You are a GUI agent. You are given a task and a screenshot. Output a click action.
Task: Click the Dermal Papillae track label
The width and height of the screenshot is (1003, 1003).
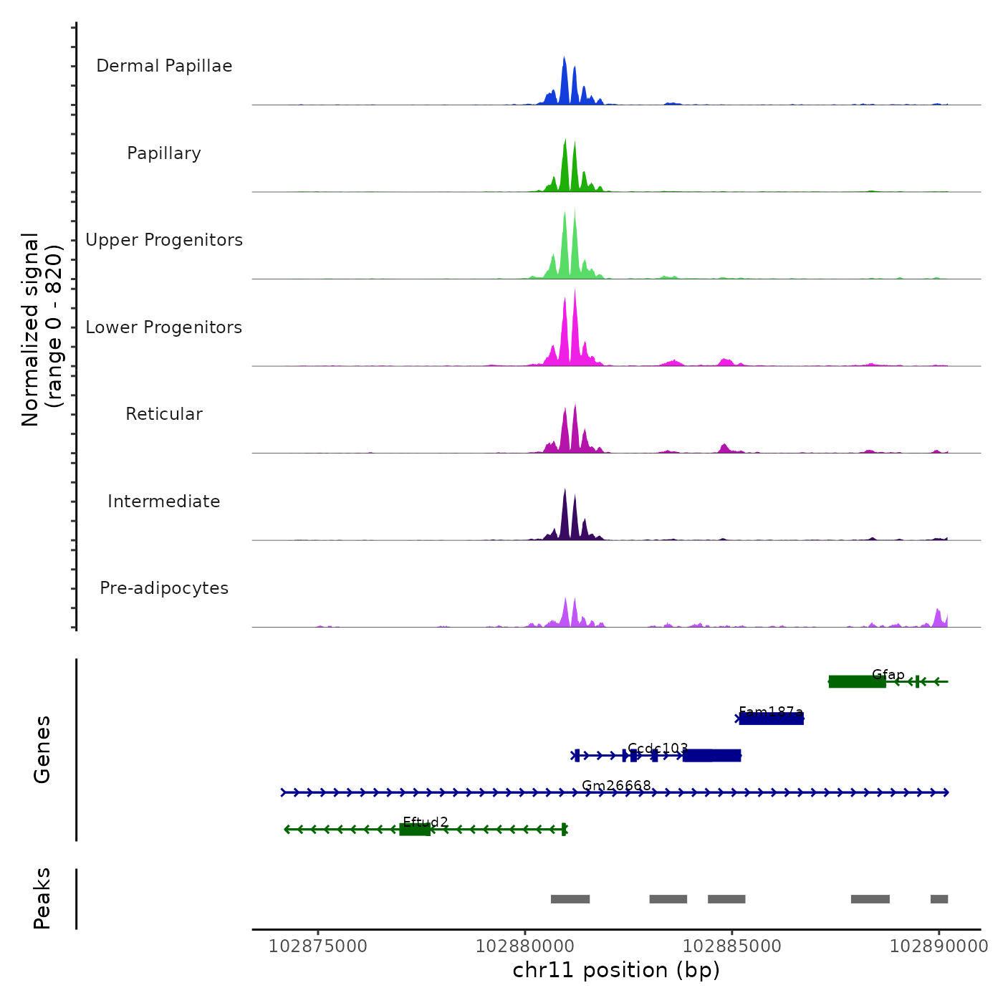coord(164,66)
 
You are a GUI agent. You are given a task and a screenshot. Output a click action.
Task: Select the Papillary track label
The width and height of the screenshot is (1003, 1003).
coord(164,153)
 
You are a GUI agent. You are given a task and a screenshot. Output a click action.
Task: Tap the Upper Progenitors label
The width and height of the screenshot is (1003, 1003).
coord(164,240)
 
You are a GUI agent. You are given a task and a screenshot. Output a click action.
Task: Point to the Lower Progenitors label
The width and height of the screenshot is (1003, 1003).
coord(164,327)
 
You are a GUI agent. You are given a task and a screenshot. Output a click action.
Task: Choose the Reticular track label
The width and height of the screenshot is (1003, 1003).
coord(164,414)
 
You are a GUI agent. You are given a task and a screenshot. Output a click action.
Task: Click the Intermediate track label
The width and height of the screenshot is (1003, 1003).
coord(164,501)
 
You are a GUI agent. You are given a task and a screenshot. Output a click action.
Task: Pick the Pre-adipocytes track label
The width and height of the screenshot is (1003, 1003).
coord(164,588)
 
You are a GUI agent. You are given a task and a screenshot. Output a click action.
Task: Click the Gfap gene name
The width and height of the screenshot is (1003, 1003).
coord(888,674)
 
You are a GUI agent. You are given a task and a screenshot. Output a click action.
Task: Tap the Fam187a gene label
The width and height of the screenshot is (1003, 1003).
coord(771,711)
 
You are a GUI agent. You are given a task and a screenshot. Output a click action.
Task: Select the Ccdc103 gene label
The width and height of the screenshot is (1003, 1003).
coord(658,749)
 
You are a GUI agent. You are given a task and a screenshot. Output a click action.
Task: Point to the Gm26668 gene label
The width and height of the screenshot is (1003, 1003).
coord(616,786)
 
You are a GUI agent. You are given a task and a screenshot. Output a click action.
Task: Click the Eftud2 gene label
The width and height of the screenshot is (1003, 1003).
coord(426,822)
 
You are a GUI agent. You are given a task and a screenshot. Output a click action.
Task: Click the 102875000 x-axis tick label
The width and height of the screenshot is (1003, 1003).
coord(318,946)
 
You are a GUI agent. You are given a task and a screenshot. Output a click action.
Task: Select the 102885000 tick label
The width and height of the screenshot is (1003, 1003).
coord(732,946)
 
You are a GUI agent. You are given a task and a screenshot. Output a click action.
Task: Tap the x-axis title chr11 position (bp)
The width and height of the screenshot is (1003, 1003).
coord(616,970)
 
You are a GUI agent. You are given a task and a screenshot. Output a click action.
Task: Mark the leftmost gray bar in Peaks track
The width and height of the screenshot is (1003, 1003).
coord(570,899)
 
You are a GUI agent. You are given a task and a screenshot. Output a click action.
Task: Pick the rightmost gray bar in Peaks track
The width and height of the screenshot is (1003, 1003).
coord(939,899)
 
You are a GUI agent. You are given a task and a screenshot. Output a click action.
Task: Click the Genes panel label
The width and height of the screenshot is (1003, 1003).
coord(42,749)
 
